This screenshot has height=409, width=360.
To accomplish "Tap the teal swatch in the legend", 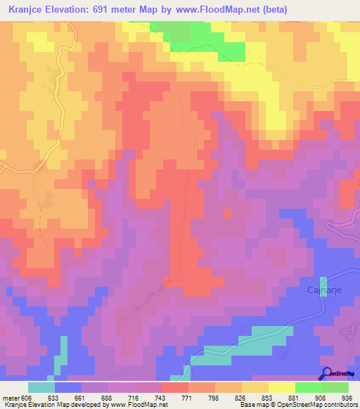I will (x=41, y=387).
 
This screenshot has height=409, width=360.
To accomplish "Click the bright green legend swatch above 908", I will (x=308, y=387).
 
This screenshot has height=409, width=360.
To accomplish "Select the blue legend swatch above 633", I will (x=67, y=387).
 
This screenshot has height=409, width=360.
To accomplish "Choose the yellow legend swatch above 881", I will (x=281, y=387).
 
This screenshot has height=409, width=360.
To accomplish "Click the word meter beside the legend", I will (x=12, y=397).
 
